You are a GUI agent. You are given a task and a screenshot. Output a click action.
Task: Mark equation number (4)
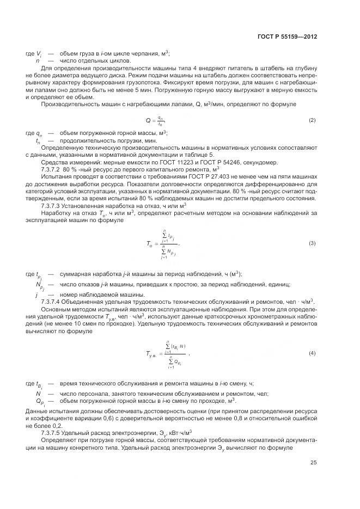tap(312, 353)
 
